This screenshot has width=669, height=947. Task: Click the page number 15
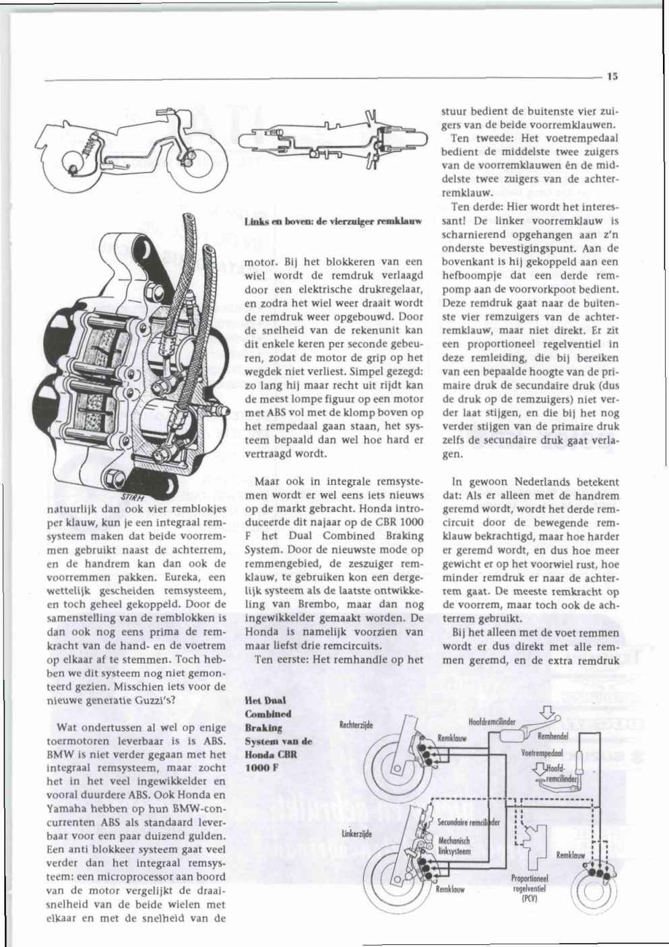[x=612, y=77]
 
